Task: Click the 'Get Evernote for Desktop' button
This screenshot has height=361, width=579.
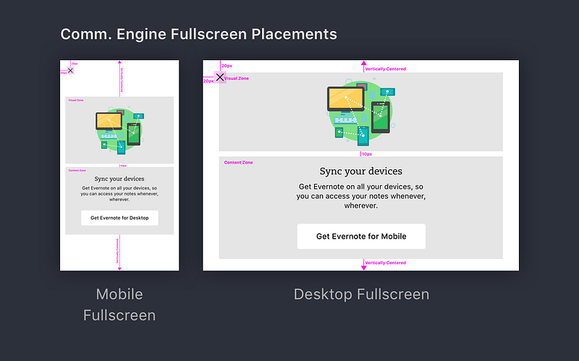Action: pyautogui.click(x=119, y=218)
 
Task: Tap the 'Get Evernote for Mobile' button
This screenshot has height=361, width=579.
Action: pyautogui.click(x=361, y=237)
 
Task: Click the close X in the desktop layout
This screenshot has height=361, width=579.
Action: pyautogui.click(x=220, y=77)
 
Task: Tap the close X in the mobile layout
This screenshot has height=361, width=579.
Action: pyautogui.click(x=70, y=70)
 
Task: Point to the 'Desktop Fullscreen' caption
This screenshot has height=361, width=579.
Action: pyautogui.click(x=361, y=294)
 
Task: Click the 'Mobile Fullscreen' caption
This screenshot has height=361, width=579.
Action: pyautogui.click(x=119, y=305)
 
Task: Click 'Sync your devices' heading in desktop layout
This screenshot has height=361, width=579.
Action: pyautogui.click(x=361, y=171)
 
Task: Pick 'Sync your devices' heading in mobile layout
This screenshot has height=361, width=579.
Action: pyautogui.click(x=119, y=179)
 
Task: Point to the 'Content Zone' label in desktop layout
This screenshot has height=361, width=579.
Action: pyautogui.click(x=238, y=163)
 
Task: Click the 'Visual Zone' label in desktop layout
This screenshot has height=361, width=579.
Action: pyautogui.click(x=237, y=78)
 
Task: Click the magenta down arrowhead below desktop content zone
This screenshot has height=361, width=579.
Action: pyautogui.click(x=364, y=267)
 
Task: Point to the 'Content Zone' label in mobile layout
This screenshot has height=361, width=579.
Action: pyautogui.click(x=77, y=171)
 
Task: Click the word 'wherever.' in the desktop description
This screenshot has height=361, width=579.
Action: pyautogui.click(x=360, y=205)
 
